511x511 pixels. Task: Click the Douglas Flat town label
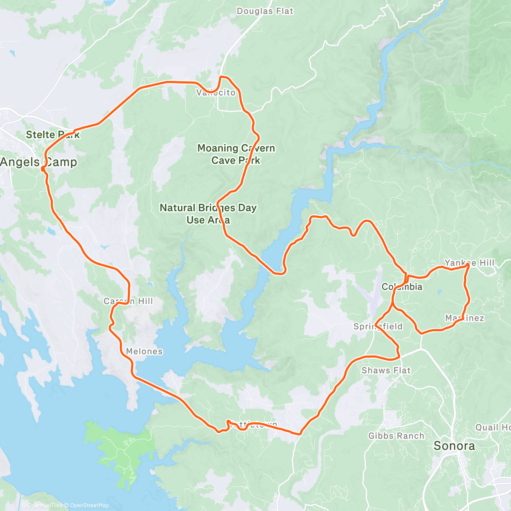[265, 11]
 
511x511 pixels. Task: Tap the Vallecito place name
[216, 92]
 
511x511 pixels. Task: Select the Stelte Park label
[53, 135]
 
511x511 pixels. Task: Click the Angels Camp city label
[39, 162]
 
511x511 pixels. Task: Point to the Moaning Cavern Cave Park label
[236, 154]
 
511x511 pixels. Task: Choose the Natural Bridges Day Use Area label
[208, 214]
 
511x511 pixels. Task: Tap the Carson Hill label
[128, 301]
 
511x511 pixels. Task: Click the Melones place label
[144, 351]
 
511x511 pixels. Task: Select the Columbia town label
[402, 287]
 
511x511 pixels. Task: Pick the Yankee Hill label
[469, 263]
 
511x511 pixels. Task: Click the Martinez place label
[465, 318]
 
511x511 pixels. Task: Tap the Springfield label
[378, 327]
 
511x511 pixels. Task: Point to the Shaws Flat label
[386, 370]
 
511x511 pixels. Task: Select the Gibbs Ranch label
[396, 436]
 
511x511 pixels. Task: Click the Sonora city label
[454, 446]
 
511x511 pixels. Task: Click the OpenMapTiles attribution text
[45, 505]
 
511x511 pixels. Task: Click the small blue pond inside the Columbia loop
[439, 293]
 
